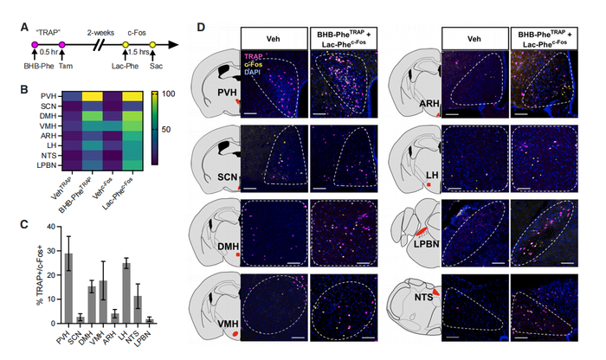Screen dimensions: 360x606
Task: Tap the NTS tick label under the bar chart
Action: pos(141,334)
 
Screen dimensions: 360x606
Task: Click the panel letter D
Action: pos(202,27)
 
